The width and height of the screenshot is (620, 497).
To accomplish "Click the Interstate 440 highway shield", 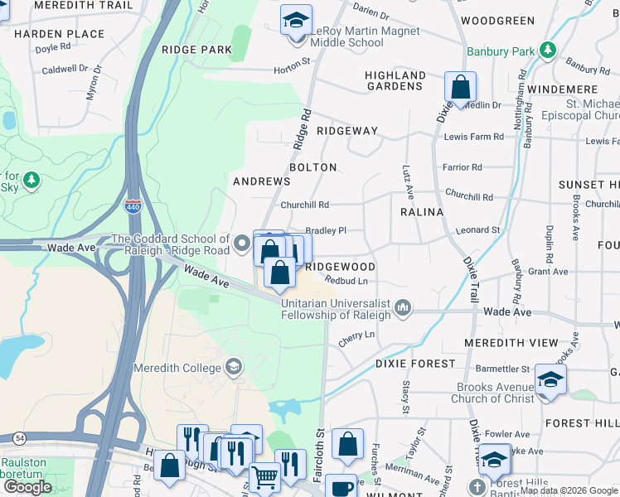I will pyautogui.click(x=133, y=206).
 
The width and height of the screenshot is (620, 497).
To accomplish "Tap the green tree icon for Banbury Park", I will pyautogui.click(x=547, y=51).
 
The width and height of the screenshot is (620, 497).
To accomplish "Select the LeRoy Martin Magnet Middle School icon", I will pyautogui.click(x=295, y=20).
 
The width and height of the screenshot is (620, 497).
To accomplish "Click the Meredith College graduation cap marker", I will pyautogui.click(x=235, y=367).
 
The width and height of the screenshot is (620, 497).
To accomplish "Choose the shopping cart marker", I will pyautogui.click(x=264, y=476).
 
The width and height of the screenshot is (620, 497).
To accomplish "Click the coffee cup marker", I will pyautogui.click(x=340, y=485).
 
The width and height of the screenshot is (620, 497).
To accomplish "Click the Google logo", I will pyautogui.click(x=27, y=487).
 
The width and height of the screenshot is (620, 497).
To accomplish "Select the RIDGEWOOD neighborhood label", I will pyautogui.click(x=340, y=267).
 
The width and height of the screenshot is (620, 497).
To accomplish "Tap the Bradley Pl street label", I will pyautogui.click(x=326, y=231).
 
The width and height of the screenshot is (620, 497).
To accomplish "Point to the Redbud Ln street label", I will pyautogui.click(x=346, y=280).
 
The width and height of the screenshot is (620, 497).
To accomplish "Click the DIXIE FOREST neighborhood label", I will pyautogui.click(x=415, y=363).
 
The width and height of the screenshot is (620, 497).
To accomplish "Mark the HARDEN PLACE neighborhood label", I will pyautogui.click(x=60, y=34).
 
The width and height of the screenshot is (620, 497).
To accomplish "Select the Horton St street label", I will pyautogui.click(x=293, y=60).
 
